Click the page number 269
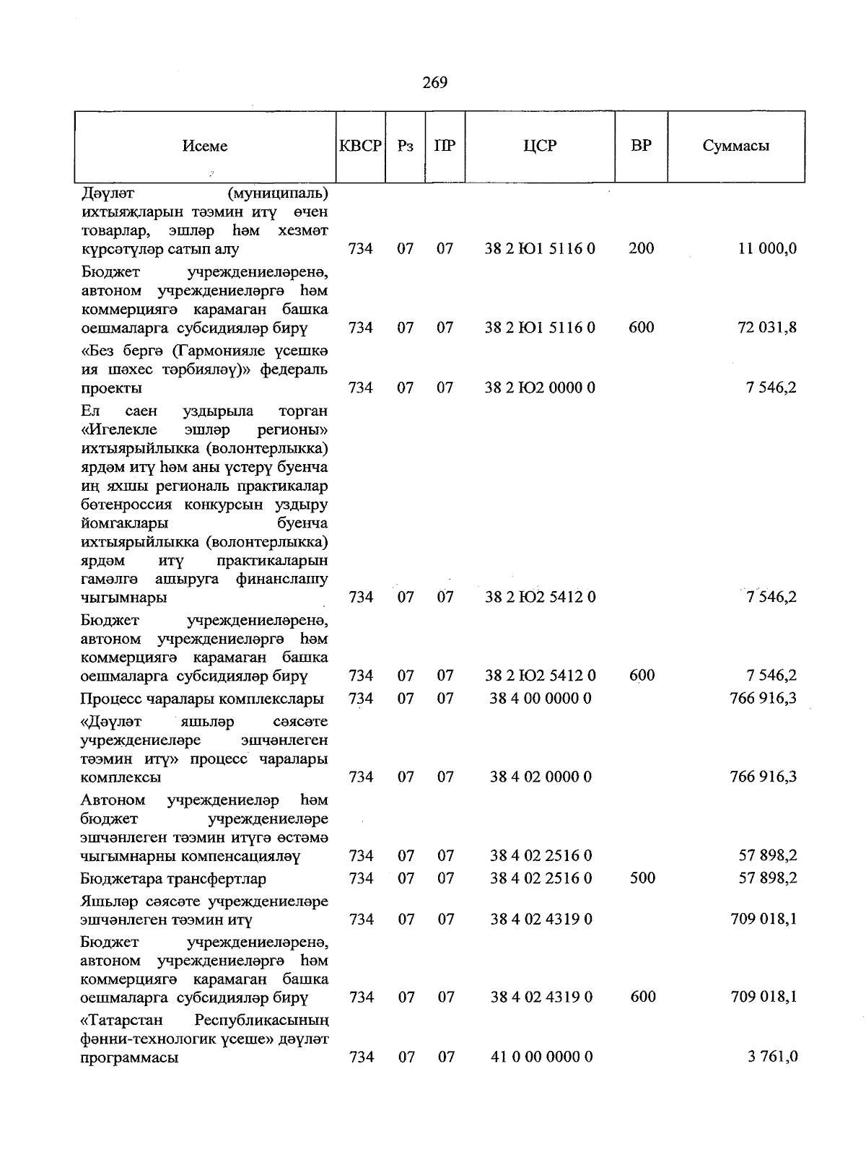pos(434,82)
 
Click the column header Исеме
pos(205,146)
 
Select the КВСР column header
pos(360,146)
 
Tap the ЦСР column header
pos(540,146)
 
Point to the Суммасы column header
pos(735,146)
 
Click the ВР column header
pos(641,146)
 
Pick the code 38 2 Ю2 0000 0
pos(540,388)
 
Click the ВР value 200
pos(641,249)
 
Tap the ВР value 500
pos(642,878)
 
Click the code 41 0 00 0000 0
pos(541,1057)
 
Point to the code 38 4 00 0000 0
pos(541,699)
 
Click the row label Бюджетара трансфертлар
pos(173,879)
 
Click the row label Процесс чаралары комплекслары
pos(202,699)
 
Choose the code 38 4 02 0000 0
pos(541,777)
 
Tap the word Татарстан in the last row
pos(122,1021)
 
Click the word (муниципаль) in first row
pos(277,193)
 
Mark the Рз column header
pos(406,146)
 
